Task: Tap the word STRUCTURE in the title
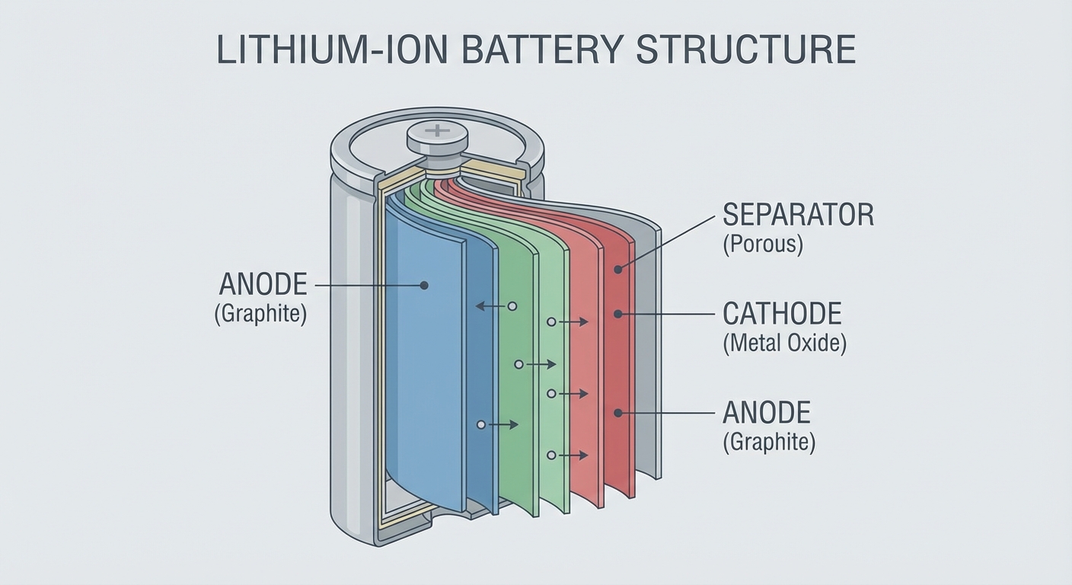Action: pyautogui.click(x=746, y=50)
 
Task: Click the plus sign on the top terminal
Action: pyautogui.click(x=437, y=131)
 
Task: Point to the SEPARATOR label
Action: pyautogui.click(x=798, y=216)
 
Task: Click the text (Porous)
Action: pyautogui.click(x=762, y=246)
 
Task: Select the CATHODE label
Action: pyautogui.click(x=782, y=314)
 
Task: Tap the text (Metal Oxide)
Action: pyautogui.click(x=784, y=344)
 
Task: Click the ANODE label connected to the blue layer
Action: pyautogui.click(x=263, y=285)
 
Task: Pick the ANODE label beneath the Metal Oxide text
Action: pyautogui.click(x=767, y=413)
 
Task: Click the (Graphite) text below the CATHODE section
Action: pyautogui.click(x=769, y=443)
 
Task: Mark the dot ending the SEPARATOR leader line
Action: pyautogui.click(x=618, y=269)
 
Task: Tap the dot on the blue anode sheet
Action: pyautogui.click(x=424, y=286)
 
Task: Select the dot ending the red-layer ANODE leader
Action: pyautogui.click(x=618, y=413)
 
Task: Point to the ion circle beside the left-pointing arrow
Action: pyautogui.click(x=512, y=305)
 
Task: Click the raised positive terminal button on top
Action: pyautogui.click(x=437, y=137)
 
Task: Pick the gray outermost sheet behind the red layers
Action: pyautogui.click(x=647, y=343)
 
